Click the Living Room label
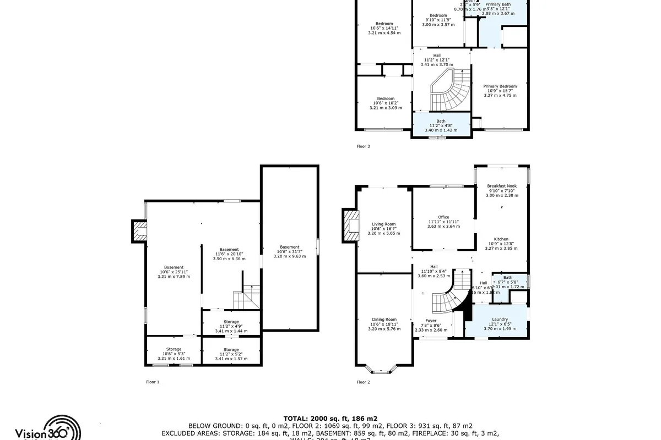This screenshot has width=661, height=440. tap(384, 224)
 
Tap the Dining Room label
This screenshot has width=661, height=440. tap(384, 320)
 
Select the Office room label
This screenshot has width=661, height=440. tap(443, 217)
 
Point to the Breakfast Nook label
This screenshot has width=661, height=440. tap(501, 186)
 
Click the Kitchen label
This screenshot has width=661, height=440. tap(501, 239)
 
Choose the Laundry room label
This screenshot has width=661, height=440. tap(500, 320)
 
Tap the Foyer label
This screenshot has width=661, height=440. tap(431, 321)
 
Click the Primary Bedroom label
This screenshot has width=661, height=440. tap(500, 86)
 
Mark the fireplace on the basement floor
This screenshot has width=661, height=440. tap(139, 232)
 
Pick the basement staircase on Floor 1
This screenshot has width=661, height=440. tap(246, 298)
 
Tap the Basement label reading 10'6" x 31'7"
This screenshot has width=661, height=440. tap(289, 247)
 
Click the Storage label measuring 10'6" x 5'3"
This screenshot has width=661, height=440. tap(174, 349)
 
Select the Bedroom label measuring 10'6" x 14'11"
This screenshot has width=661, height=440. tap(384, 24)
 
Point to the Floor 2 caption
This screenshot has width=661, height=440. tap(363, 382)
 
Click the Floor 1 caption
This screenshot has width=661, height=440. tap(153, 382)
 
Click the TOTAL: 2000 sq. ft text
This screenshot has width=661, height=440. tap(330, 419)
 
